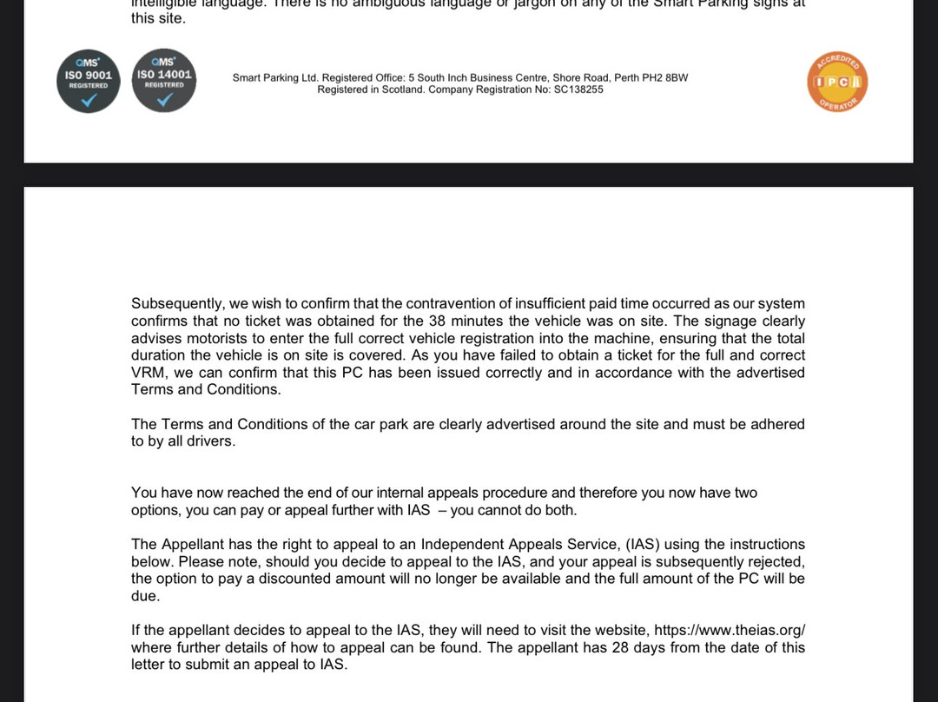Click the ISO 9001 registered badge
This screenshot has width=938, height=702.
pos(88,81)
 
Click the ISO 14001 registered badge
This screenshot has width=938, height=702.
pos(163,81)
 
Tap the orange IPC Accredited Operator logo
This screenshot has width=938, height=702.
pos(837,83)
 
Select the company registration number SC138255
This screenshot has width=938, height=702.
pos(578,89)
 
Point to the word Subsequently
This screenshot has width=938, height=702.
pos(177,304)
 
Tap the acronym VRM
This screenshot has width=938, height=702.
pos(149,373)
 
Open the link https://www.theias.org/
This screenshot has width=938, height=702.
pos(736,631)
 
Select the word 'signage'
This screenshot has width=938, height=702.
pos(708,321)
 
